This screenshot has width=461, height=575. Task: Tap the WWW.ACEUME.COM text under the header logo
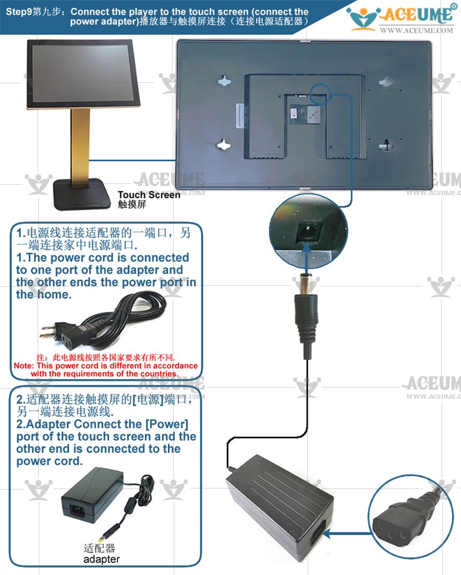[x=416, y=31]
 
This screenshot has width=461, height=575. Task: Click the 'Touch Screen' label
[x=148, y=195]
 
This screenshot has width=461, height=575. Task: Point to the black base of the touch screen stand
[x=82, y=194]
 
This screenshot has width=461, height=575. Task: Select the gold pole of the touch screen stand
[x=80, y=146]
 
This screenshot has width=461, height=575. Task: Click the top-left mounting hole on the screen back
[x=224, y=81]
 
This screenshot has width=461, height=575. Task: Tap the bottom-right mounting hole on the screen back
[x=386, y=145]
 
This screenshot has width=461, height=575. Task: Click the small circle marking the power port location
[x=321, y=94]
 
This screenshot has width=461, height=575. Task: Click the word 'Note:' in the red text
[x=24, y=366]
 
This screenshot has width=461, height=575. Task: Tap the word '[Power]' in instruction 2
[x=167, y=425]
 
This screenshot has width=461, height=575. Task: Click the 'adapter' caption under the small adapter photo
[x=101, y=559]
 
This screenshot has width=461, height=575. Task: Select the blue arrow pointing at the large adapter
[x=347, y=535]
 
